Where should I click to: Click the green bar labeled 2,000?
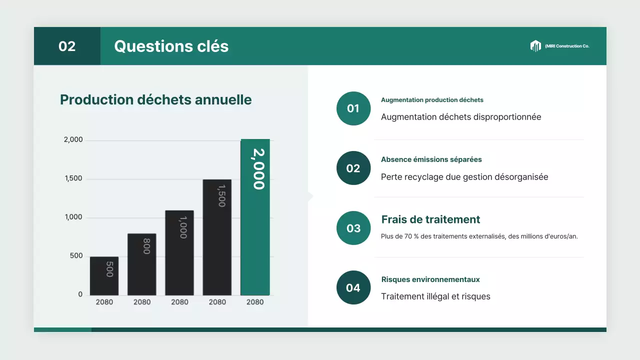(255, 217)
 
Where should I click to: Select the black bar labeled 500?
(104, 276)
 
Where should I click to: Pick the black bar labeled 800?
(142, 264)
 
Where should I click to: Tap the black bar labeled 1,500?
(217, 237)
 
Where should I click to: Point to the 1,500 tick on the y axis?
(73, 179)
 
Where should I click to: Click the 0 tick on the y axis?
(80, 294)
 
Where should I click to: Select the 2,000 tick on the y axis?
(73, 140)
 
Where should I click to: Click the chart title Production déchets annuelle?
(156, 100)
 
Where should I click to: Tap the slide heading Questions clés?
(171, 46)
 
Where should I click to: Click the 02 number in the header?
(67, 46)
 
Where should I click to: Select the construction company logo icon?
(535, 46)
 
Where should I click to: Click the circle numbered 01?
(353, 108)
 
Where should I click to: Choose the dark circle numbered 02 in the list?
(353, 168)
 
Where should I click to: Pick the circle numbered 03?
(353, 228)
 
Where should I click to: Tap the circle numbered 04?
(353, 287)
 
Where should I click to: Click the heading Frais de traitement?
(430, 219)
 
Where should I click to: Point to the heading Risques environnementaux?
(430, 279)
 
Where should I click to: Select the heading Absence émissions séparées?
(431, 159)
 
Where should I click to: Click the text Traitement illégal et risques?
(435, 296)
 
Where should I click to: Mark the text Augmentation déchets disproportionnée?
(461, 117)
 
